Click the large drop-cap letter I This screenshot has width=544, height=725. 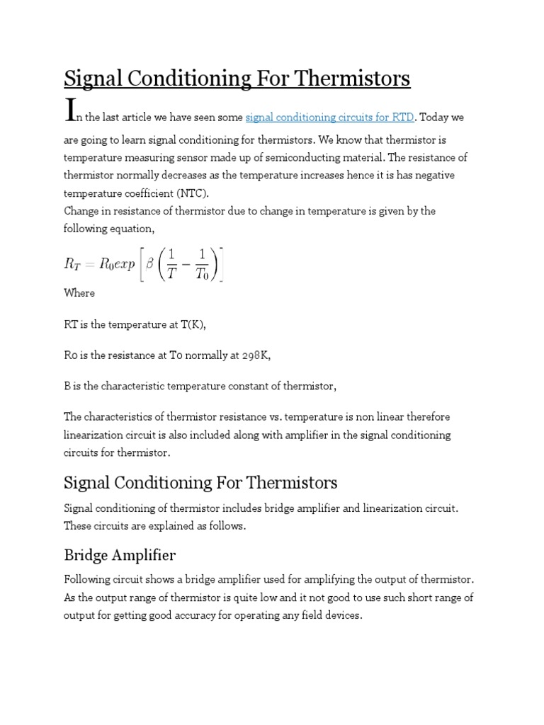(x=69, y=110)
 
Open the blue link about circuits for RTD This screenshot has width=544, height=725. (x=329, y=117)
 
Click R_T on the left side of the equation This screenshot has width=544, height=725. (x=74, y=263)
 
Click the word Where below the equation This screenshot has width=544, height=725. (x=79, y=292)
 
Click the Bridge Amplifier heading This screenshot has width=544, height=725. (x=120, y=554)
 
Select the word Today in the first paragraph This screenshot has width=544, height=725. (x=434, y=117)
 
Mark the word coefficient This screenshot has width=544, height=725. (x=157, y=193)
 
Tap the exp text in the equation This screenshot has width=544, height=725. (x=118, y=263)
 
